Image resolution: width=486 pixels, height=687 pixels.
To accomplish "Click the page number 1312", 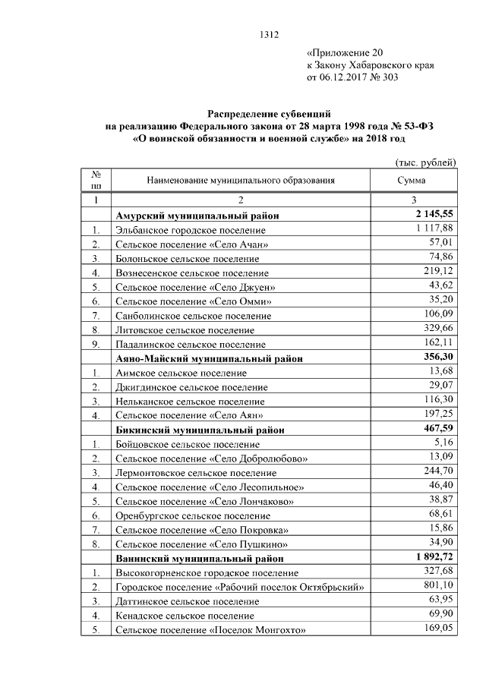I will (270, 33).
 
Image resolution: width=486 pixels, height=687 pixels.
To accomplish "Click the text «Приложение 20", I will (345, 53).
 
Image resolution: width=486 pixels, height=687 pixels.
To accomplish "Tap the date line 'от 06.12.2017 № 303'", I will (352, 77).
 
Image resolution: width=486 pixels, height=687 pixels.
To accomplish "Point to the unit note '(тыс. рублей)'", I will (425, 162).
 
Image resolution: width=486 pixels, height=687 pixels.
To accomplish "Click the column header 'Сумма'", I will (412, 181).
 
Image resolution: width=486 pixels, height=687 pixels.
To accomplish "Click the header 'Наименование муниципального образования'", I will (241, 181).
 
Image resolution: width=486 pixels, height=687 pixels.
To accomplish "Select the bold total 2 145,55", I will (431, 215).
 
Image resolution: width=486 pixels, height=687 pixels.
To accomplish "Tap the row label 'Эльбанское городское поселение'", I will (190, 229).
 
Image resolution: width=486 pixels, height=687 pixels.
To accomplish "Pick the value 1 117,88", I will (434, 228).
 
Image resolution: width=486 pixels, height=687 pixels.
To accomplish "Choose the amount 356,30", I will (437, 358).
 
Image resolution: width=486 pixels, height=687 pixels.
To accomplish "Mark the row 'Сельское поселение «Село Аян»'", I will (189, 415).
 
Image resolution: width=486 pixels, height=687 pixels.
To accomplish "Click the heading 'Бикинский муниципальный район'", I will (200, 430).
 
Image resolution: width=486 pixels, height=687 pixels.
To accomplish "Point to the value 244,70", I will (439, 471).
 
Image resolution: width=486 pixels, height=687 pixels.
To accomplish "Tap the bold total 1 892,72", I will (431, 557).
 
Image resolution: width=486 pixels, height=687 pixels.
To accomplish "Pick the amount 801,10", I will (439, 586).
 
